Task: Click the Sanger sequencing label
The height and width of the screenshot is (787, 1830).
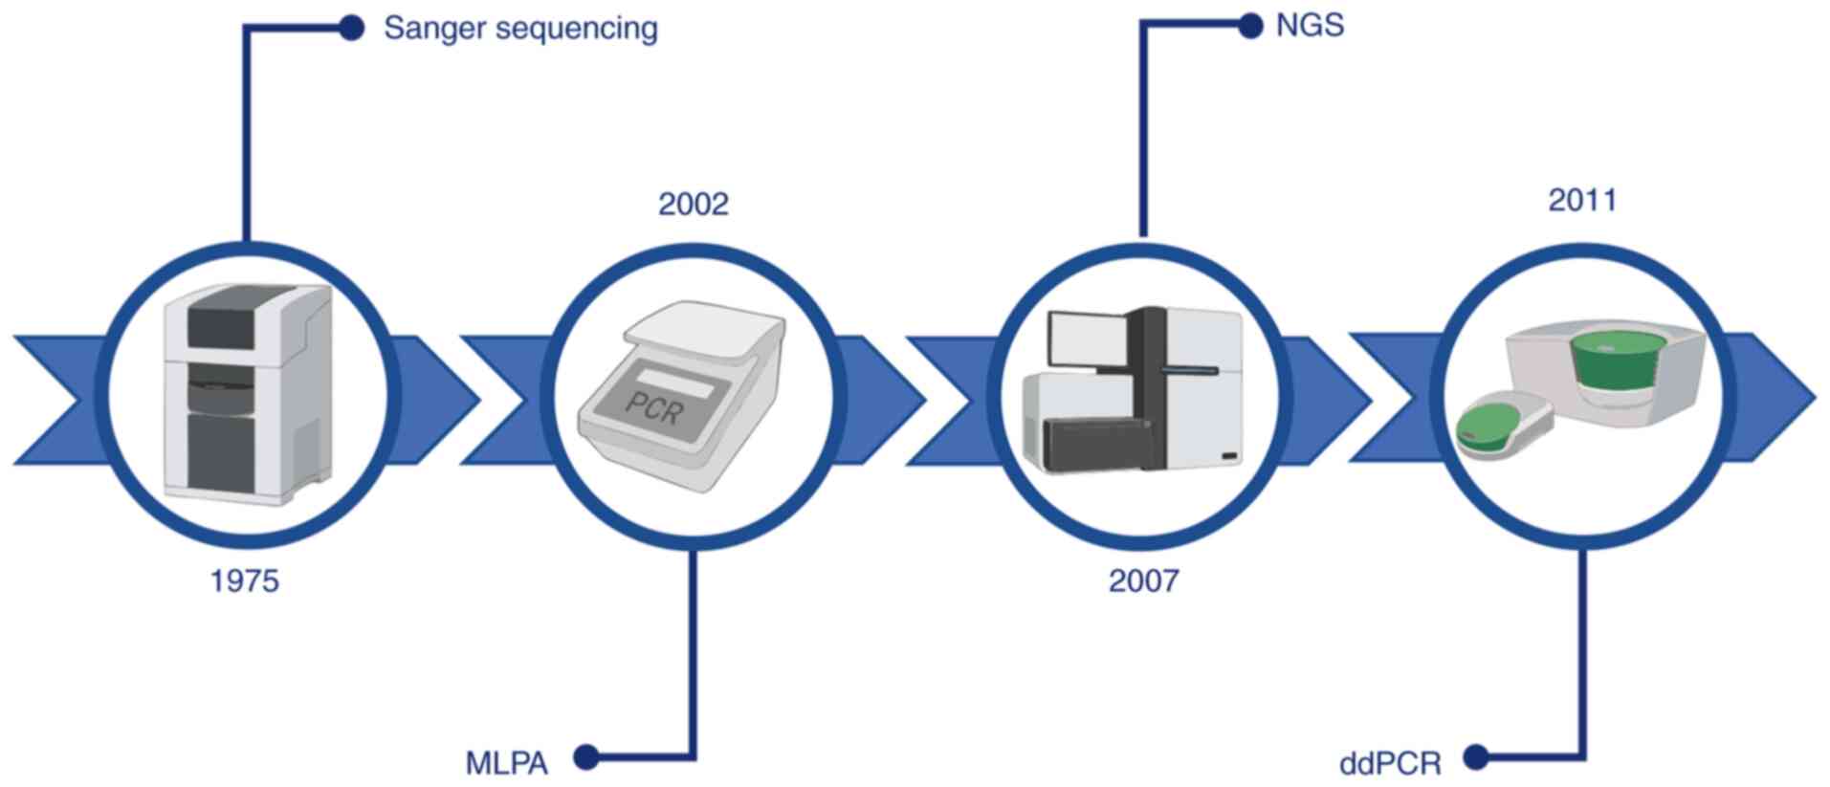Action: click(x=519, y=29)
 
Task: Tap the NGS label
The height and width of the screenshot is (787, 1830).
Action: click(x=1310, y=25)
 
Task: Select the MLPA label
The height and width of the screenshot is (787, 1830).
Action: click(x=506, y=763)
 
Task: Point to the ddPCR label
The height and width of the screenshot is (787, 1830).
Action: click(x=1390, y=763)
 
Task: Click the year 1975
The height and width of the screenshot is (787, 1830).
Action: click(x=244, y=580)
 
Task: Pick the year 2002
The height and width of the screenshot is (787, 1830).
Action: click(x=693, y=204)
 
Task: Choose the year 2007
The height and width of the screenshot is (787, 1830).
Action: click(x=1143, y=580)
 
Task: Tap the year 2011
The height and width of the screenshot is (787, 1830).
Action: click(x=1582, y=200)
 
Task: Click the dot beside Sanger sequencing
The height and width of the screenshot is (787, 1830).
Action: click(x=351, y=28)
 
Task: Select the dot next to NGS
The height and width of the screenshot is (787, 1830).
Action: click(x=1249, y=26)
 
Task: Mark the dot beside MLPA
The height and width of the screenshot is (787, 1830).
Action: click(x=586, y=757)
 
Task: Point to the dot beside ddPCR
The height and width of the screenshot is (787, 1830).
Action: click(x=1476, y=757)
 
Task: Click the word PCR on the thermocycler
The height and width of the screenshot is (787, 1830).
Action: click(x=656, y=406)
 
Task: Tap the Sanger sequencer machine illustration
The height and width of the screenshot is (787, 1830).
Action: click(x=246, y=394)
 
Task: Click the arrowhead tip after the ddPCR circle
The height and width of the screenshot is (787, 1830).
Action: click(x=1811, y=397)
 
